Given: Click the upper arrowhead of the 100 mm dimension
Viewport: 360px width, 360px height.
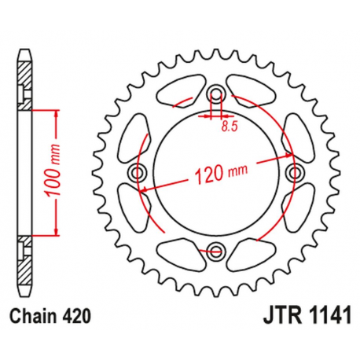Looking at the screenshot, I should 57,113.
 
